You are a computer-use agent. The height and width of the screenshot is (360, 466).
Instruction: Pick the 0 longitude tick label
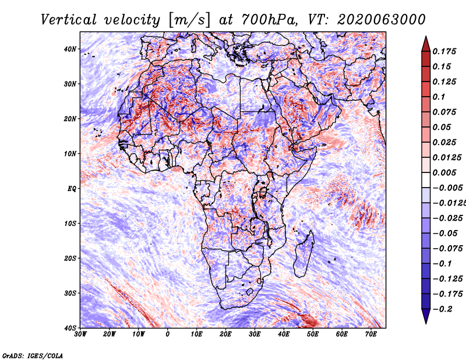168,334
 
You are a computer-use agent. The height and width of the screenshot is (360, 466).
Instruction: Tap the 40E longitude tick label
284,334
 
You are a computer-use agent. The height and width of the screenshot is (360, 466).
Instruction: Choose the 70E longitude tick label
371,334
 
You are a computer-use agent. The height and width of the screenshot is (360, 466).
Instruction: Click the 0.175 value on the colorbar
444,51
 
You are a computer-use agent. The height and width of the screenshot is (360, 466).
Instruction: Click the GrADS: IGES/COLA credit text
32,354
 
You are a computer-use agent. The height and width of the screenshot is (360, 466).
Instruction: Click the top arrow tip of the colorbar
426,38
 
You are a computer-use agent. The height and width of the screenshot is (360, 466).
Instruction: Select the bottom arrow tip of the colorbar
426,322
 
